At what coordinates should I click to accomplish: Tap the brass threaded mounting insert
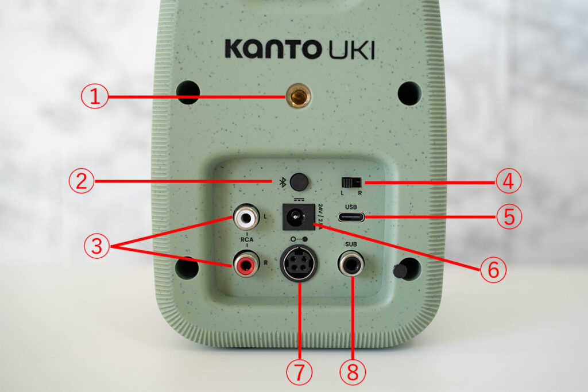click(x=297, y=98)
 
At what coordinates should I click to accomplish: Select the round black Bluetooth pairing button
click(x=297, y=182)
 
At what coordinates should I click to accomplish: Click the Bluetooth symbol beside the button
click(x=282, y=182)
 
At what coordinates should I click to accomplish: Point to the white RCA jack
click(x=245, y=218)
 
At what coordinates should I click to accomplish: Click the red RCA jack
click(x=245, y=265)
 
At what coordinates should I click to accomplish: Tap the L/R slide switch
click(x=351, y=183)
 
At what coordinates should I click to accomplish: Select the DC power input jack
click(x=297, y=218)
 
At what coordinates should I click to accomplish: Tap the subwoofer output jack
click(x=351, y=265)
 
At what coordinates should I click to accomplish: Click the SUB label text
click(x=351, y=244)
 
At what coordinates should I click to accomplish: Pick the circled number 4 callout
click(x=508, y=182)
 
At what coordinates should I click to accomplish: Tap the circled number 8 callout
click(x=351, y=374)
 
